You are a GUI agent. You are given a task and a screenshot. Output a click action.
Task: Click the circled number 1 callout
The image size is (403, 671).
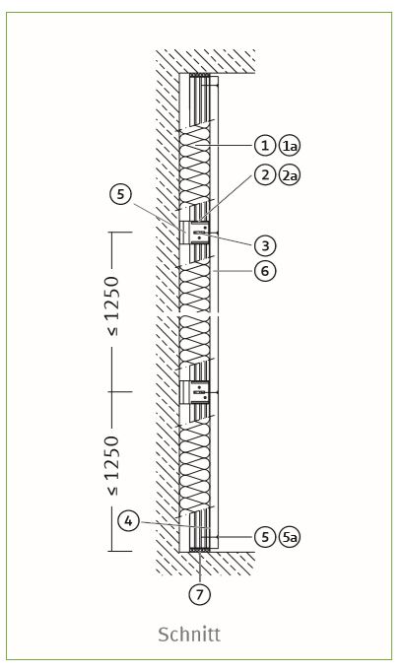tap(265, 146)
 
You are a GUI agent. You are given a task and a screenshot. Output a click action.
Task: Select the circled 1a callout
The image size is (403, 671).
tap(290, 146)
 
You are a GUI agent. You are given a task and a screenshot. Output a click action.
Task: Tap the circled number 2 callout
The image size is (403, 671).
tap(265, 174)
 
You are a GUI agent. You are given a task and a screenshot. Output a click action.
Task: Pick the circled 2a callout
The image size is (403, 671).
tap(290, 175)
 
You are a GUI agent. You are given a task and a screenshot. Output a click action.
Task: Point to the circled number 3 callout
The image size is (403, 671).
tap(265, 245)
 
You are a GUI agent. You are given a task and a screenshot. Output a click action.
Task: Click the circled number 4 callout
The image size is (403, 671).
tap(128, 521)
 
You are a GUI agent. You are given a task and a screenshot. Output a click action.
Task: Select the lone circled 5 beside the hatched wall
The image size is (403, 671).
tap(120, 194)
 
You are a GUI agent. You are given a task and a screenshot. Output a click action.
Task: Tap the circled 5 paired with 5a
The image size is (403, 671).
tap(265, 537)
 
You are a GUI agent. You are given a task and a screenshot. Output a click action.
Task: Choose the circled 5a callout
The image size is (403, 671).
tap(290, 537)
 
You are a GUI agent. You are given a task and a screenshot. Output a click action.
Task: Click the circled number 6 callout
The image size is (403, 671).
tap(265, 271)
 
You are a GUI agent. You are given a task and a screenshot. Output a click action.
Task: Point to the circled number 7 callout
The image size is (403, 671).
tap(200, 593)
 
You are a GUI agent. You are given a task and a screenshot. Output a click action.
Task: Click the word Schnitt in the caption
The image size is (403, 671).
tap(189, 634)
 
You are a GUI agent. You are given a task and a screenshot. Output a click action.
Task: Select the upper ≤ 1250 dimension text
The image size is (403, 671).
tap(112, 305)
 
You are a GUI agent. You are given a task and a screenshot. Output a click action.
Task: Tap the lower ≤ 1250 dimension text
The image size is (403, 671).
tap(112, 465)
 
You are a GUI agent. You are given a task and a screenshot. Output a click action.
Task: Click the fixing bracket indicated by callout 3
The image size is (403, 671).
tap(195, 233)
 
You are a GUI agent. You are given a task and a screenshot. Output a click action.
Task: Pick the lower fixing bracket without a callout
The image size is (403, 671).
tap(195, 392)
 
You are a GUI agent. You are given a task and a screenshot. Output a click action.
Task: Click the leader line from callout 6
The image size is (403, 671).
tap(234, 271)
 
